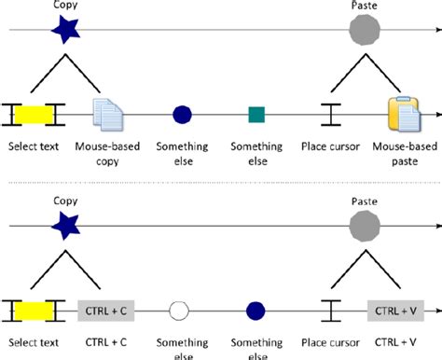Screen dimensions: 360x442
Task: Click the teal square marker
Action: click(x=256, y=115)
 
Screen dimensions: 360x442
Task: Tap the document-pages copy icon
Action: click(x=108, y=115)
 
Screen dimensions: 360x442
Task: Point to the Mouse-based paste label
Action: click(x=401, y=154)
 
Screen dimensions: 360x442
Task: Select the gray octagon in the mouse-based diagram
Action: click(x=364, y=31)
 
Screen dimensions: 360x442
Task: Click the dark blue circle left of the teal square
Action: click(x=183, y=115)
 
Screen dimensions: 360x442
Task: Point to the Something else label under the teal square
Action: click(x=256, y=154)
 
